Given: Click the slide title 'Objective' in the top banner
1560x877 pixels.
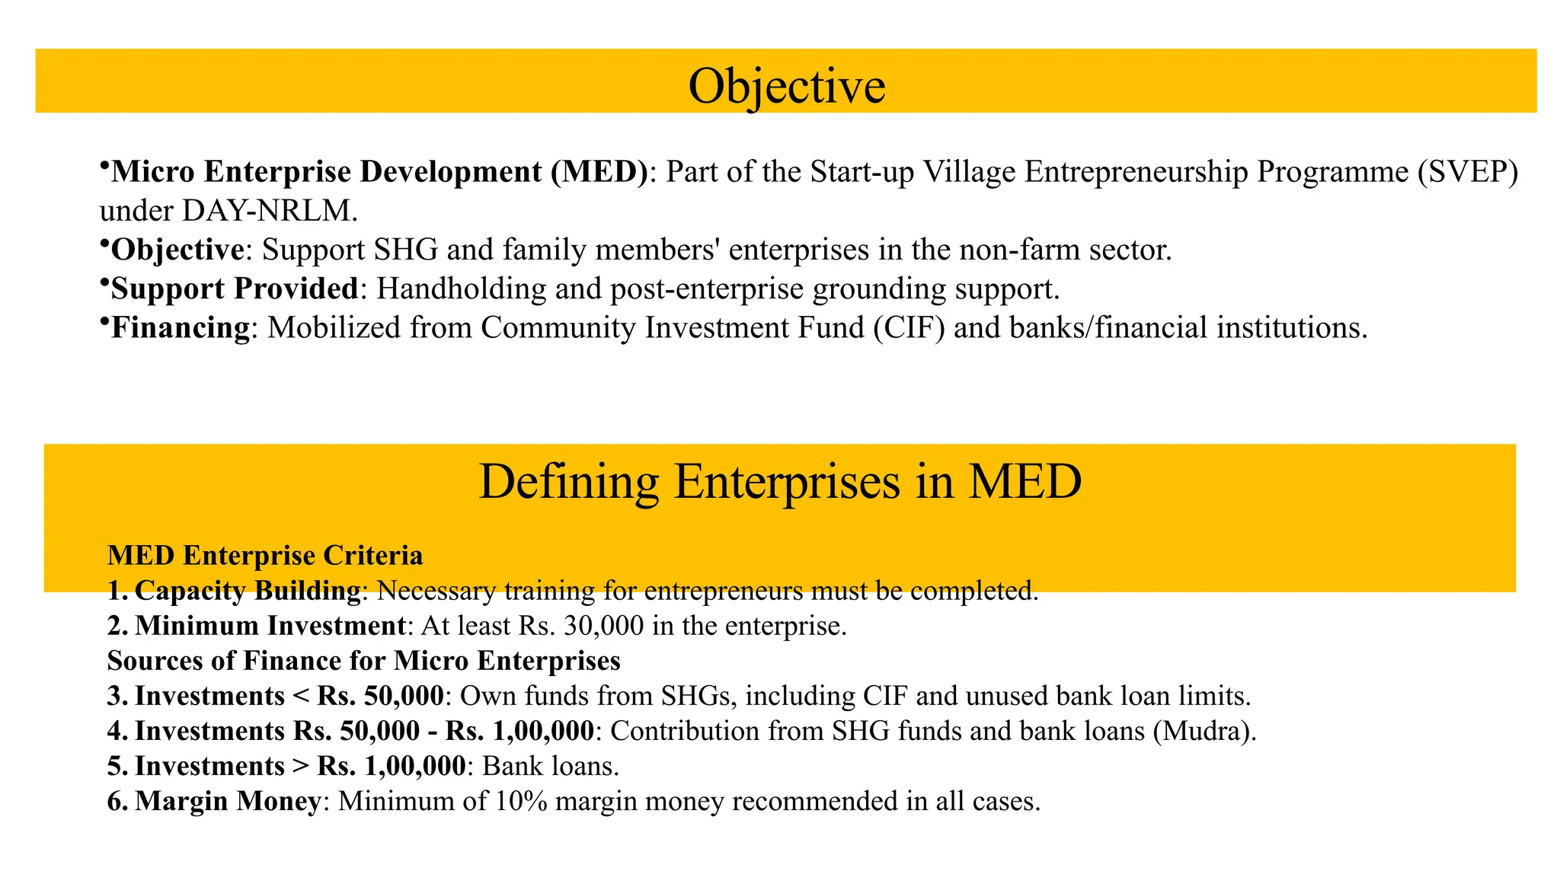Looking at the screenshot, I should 786,85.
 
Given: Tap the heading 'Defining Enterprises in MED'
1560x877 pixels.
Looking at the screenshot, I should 780,481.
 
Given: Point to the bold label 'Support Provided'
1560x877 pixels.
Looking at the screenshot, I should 235,289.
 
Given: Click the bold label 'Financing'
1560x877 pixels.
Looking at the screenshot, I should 181,327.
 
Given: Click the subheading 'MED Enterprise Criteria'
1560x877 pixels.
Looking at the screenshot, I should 265,556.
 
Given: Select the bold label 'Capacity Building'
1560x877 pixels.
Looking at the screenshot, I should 248,591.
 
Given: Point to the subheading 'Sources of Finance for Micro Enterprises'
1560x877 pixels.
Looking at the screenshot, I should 364,661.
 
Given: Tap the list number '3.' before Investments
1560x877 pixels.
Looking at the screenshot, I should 118,696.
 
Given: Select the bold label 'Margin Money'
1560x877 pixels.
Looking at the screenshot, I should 228,802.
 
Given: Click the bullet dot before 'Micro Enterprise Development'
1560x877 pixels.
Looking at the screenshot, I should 104,166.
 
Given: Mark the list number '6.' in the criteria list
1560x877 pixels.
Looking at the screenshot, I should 118,802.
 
